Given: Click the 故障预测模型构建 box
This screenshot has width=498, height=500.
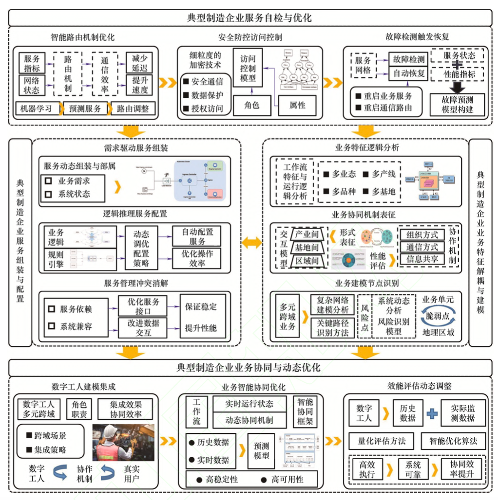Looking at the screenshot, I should (457, 105).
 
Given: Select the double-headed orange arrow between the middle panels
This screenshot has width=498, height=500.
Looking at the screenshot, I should (251, 243).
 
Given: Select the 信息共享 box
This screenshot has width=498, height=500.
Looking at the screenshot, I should (422, 258).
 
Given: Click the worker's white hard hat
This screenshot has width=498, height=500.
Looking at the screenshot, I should (112, 431).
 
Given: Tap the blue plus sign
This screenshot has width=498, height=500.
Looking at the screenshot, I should (432, 413).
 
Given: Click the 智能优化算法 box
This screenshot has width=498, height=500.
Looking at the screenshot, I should (453, 441).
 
